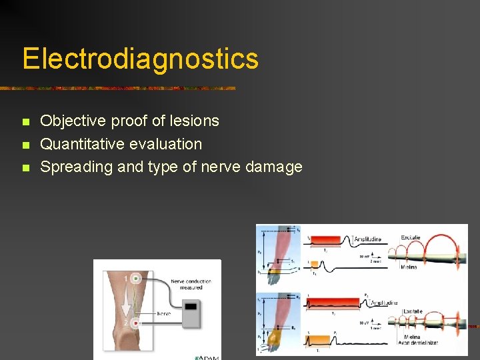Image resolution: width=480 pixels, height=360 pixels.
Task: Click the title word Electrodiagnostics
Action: click(x=140, y=58)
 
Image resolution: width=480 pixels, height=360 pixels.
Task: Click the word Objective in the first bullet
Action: click(x=73, y=121)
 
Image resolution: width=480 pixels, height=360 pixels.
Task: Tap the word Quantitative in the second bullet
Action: click(x=82, y=144)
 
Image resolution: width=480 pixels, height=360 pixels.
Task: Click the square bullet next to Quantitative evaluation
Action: click(x=26, y=145)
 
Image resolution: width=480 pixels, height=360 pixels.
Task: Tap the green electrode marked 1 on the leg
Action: click(x=136, y=279)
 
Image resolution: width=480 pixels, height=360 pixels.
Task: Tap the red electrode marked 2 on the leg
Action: click(x=136, y=323)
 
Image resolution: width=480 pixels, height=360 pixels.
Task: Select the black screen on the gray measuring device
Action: click(x=191, y=307)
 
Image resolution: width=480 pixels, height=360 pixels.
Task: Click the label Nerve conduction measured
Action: click(x=191, y=284)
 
